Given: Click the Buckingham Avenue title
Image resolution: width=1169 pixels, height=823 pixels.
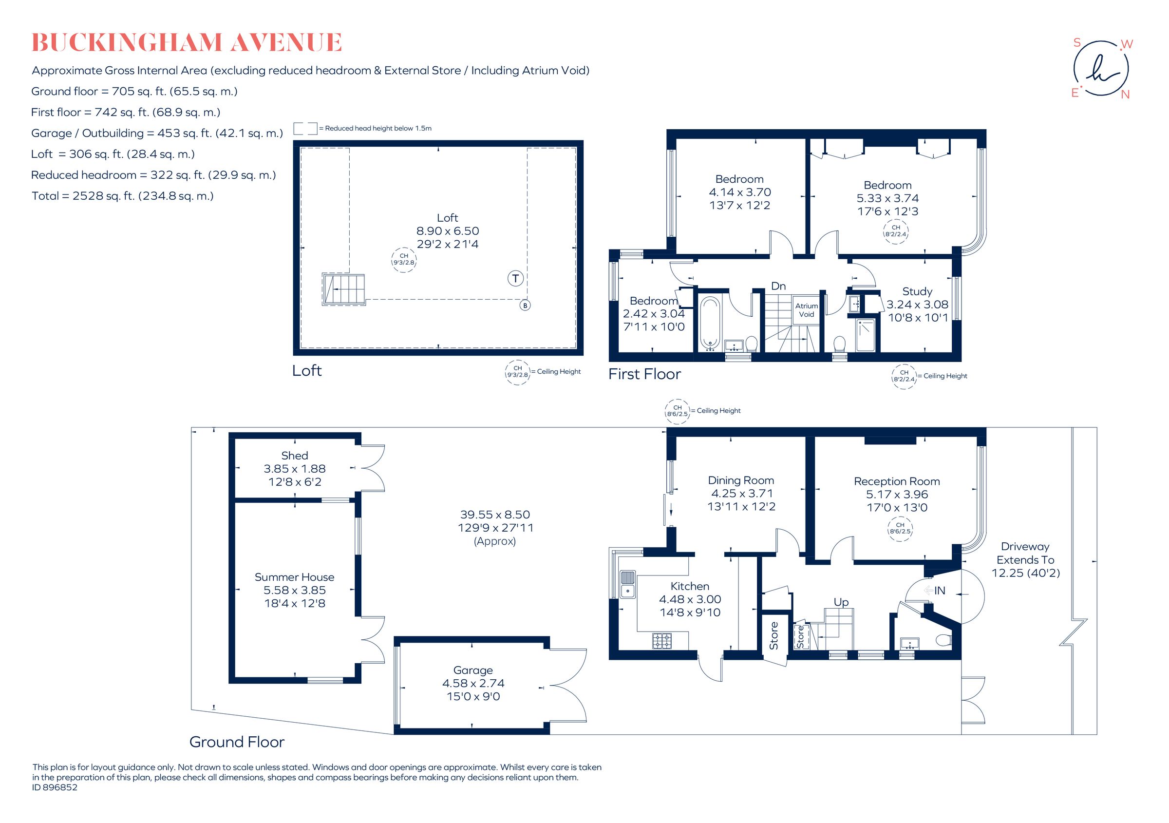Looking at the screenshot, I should [187, 43].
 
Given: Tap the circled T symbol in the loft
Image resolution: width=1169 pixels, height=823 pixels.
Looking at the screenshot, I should [515, 279].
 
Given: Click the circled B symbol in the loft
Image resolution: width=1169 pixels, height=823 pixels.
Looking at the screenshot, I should [525, 306].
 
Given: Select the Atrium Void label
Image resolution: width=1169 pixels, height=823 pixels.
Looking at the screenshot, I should [807, 309].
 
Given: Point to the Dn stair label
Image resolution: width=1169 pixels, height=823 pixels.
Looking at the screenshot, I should [778, 286].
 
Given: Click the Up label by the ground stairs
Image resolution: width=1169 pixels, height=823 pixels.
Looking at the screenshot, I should [841, 602].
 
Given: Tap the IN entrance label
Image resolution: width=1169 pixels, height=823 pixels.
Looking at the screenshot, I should [940, 590].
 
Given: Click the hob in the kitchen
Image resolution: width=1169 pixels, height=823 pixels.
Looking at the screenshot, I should [662, 641].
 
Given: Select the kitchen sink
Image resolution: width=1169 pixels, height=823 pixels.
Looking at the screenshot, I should [627, 584].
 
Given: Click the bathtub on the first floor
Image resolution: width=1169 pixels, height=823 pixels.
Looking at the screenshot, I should [710, 323].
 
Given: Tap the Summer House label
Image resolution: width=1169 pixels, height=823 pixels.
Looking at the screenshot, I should [294, 577].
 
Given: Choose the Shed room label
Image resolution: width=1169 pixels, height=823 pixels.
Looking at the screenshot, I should [294, 456].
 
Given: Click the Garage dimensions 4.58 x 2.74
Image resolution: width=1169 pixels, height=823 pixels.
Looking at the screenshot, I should [473, 684].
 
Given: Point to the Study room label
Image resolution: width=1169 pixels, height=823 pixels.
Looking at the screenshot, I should [917, 291].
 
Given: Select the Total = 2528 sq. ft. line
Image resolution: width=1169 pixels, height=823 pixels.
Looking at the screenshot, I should [122, 196].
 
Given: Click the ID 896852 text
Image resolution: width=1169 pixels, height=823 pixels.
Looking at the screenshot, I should [55, 787].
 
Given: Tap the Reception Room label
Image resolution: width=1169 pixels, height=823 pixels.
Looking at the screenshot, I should [897, 481].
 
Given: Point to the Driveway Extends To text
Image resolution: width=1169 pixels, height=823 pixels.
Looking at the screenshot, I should [1025, 553].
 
